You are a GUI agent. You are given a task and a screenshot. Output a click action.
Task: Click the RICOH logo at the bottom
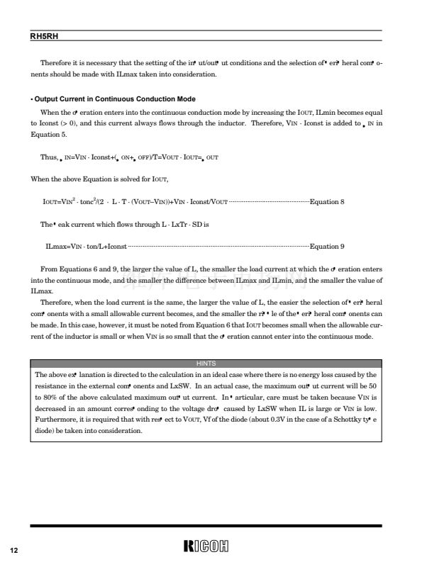(x=209, y=546)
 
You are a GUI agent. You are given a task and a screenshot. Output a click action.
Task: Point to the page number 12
(x=13, y=551)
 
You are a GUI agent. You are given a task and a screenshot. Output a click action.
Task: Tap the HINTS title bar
(x=206, y=364)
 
